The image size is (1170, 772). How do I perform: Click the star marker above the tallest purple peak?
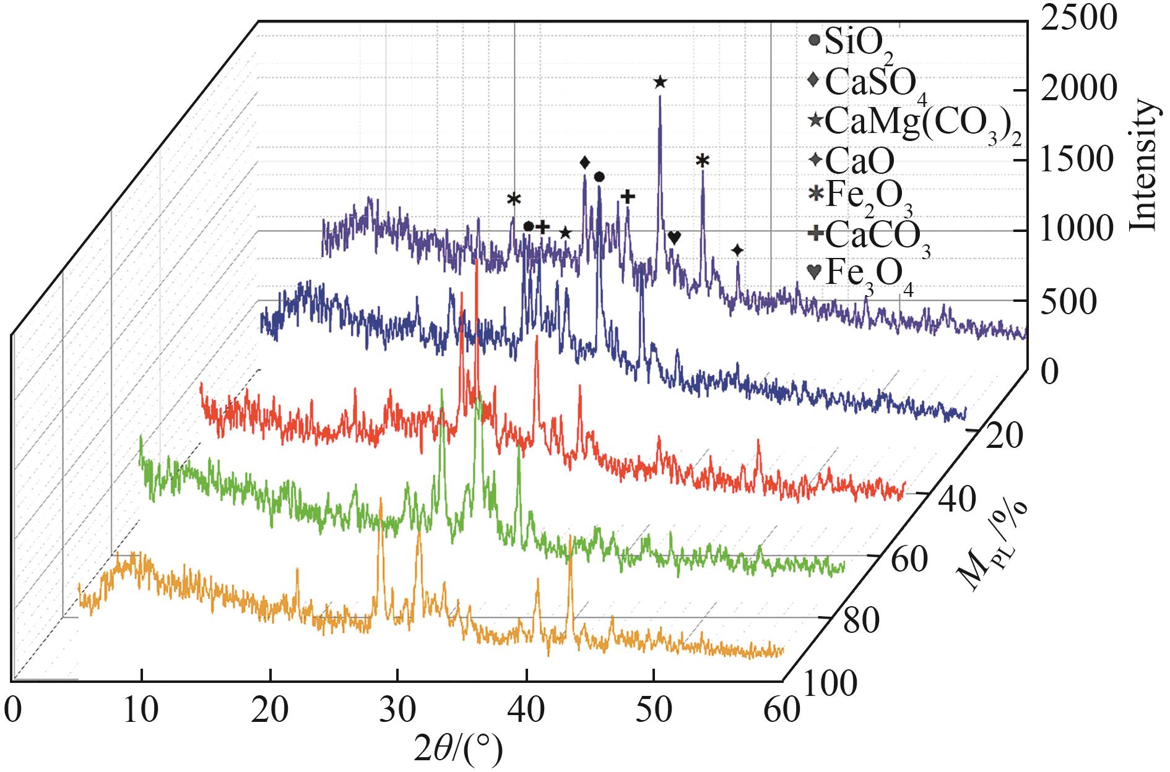point(659,82)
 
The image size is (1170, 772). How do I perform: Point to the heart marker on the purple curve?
point(675,238)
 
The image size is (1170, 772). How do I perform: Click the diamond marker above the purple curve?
point(584,163)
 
